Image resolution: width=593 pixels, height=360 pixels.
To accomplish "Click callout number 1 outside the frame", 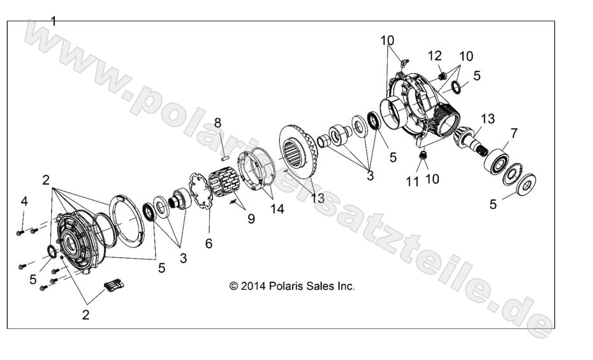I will tap(54, 21).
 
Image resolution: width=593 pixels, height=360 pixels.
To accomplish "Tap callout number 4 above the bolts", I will tap(24, 202).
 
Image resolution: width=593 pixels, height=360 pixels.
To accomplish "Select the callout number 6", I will tap(209, 243).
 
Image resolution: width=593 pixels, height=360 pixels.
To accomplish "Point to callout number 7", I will tap(514, 134).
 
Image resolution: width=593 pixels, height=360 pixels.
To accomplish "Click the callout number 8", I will tap(217, 123).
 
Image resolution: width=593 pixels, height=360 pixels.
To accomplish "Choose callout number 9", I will tap(251, 219).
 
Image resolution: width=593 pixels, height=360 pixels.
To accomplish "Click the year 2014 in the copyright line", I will tap(253, 286).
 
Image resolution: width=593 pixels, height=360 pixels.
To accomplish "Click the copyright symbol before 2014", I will tap(234, 286).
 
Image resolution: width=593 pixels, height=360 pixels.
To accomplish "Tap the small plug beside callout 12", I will tap(441, 76).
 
